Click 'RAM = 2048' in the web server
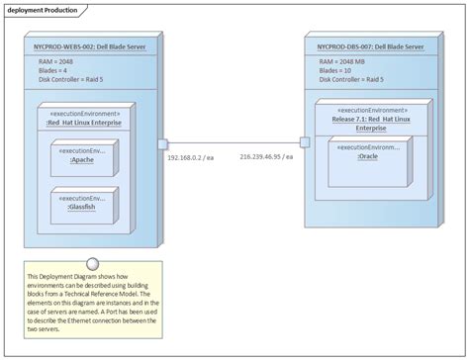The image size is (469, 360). [x=57, y=62]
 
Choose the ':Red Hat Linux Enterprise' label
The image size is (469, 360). [x=87, y=123]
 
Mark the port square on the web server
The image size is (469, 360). [x=162, y=143]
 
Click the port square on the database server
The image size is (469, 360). [x=305, y=142]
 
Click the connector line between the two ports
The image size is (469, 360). [x=234, y=143]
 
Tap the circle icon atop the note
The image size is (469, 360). [x=91, y=262]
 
